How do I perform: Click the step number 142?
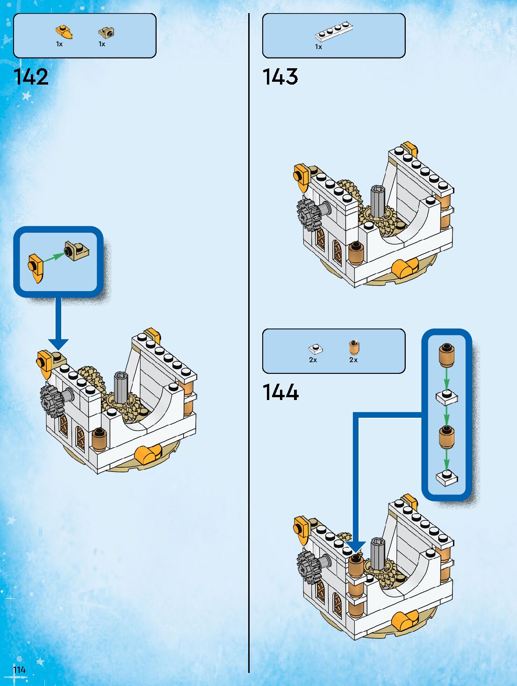(x=31, y=77)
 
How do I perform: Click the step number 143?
(x=280, y=77)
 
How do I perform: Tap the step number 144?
(x=280, y=393)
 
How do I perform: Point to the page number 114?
(x=19, y=670)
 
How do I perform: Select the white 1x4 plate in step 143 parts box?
(x=333, y=32)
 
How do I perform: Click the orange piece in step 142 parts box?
(x=64, y=32)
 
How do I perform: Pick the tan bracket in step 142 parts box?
(x=106, y=32)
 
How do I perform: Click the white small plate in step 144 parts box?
(x=315, y=349)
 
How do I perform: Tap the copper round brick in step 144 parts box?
(x=354, y=347)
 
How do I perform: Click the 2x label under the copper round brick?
(x=353, y=360)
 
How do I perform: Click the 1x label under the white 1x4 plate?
(x=318, y=47)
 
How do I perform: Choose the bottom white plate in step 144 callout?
(x=446, y=477)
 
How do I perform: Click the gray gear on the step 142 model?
(x=52, y=400)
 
